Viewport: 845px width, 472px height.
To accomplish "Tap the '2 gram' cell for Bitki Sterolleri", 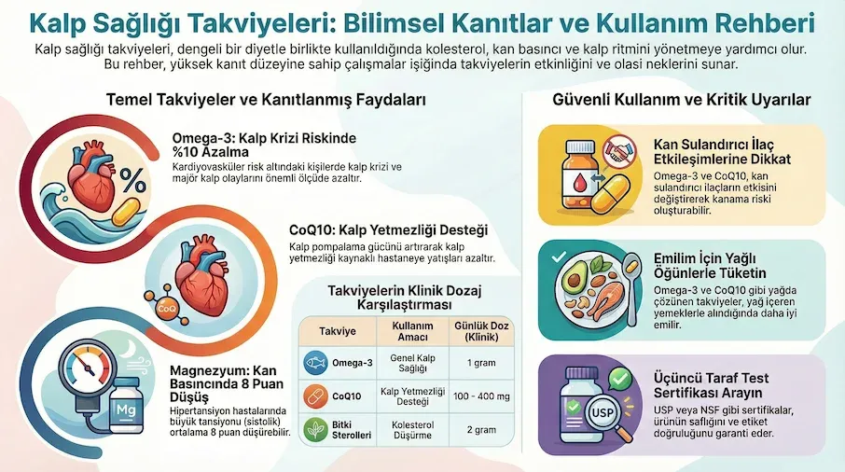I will tap(472, 431).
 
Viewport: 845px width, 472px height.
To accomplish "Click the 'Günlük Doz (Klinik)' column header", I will tap(472, 330).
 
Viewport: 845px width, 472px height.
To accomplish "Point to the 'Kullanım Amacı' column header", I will tap(402, 330).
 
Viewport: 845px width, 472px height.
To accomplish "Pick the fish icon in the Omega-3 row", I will tap(316, 361).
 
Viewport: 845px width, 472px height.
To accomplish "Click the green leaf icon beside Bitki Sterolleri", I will tap(316, 431).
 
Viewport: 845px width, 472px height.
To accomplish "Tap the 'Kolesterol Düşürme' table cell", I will tap(402, 431).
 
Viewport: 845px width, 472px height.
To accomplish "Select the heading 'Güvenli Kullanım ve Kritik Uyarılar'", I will tap(682, 99).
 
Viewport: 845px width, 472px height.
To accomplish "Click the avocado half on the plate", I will tap(575, 279).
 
